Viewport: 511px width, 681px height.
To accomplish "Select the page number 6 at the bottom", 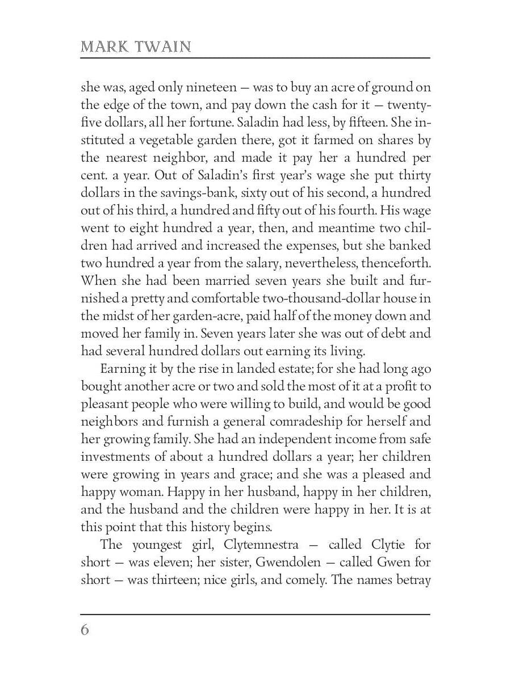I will point(85,630).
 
